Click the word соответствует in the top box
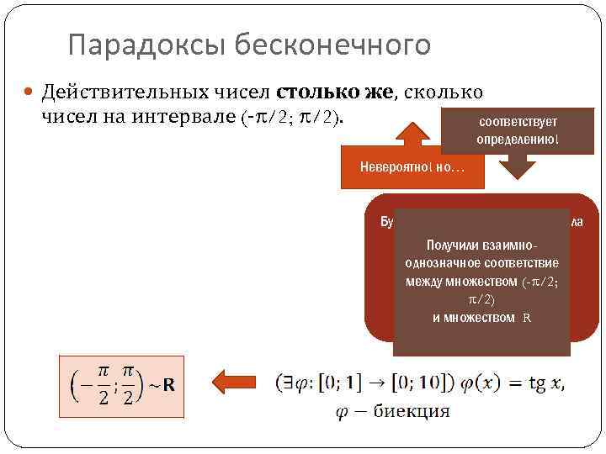click(517, 121)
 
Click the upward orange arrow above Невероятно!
click(412, 135)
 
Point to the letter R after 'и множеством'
click(527, 318)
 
